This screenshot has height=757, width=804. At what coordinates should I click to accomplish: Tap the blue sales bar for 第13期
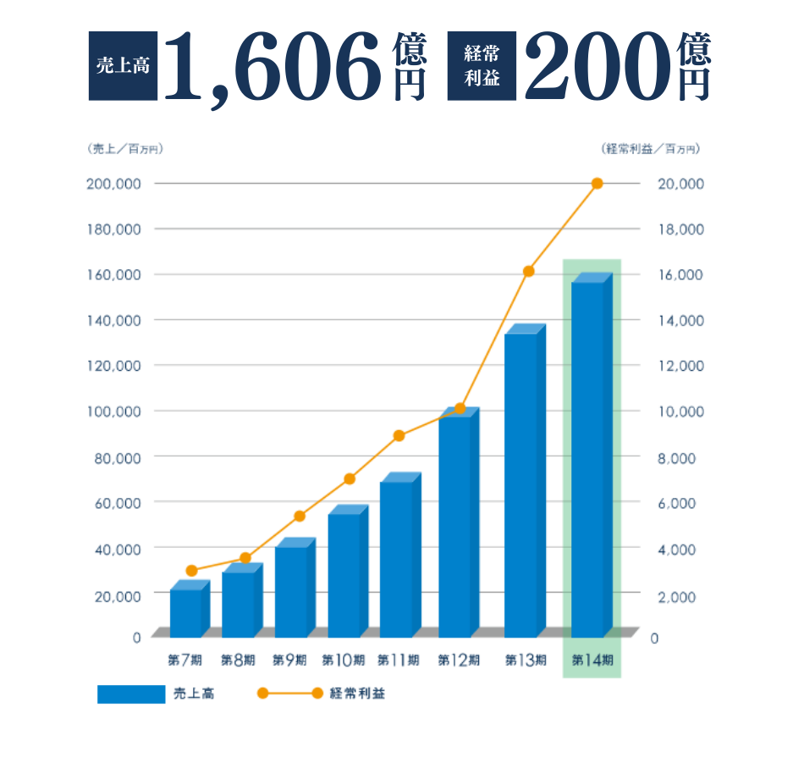pyautogui.click(x=520, y=483)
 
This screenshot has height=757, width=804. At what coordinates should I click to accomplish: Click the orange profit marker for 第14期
pyautogui.click(x=597, y=184)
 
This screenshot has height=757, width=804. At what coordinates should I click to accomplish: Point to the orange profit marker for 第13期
pyautogui.click(x=529, y=272)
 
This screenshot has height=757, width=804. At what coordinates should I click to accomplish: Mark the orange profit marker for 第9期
pyautogui.click(x=299, y=517)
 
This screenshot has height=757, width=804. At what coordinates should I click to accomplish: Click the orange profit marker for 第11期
pyautogui.click(x=399, y=436)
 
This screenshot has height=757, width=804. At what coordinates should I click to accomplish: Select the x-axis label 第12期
pyautogui.click(x=459, y=660)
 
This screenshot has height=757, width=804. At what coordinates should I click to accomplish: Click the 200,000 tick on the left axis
pyautogui.click(x=113, y=184)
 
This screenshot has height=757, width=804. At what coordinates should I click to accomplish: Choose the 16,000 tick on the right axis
pyautogui.click(x=680, y=275)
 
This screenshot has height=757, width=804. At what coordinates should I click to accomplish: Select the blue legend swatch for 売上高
pyautogui.click(x=131, y=693)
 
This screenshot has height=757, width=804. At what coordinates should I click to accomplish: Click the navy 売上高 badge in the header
pyautogui.click(x=123, y=66)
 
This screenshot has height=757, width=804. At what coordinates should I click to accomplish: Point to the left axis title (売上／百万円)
pyautogui.click(x=124, y=149)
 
